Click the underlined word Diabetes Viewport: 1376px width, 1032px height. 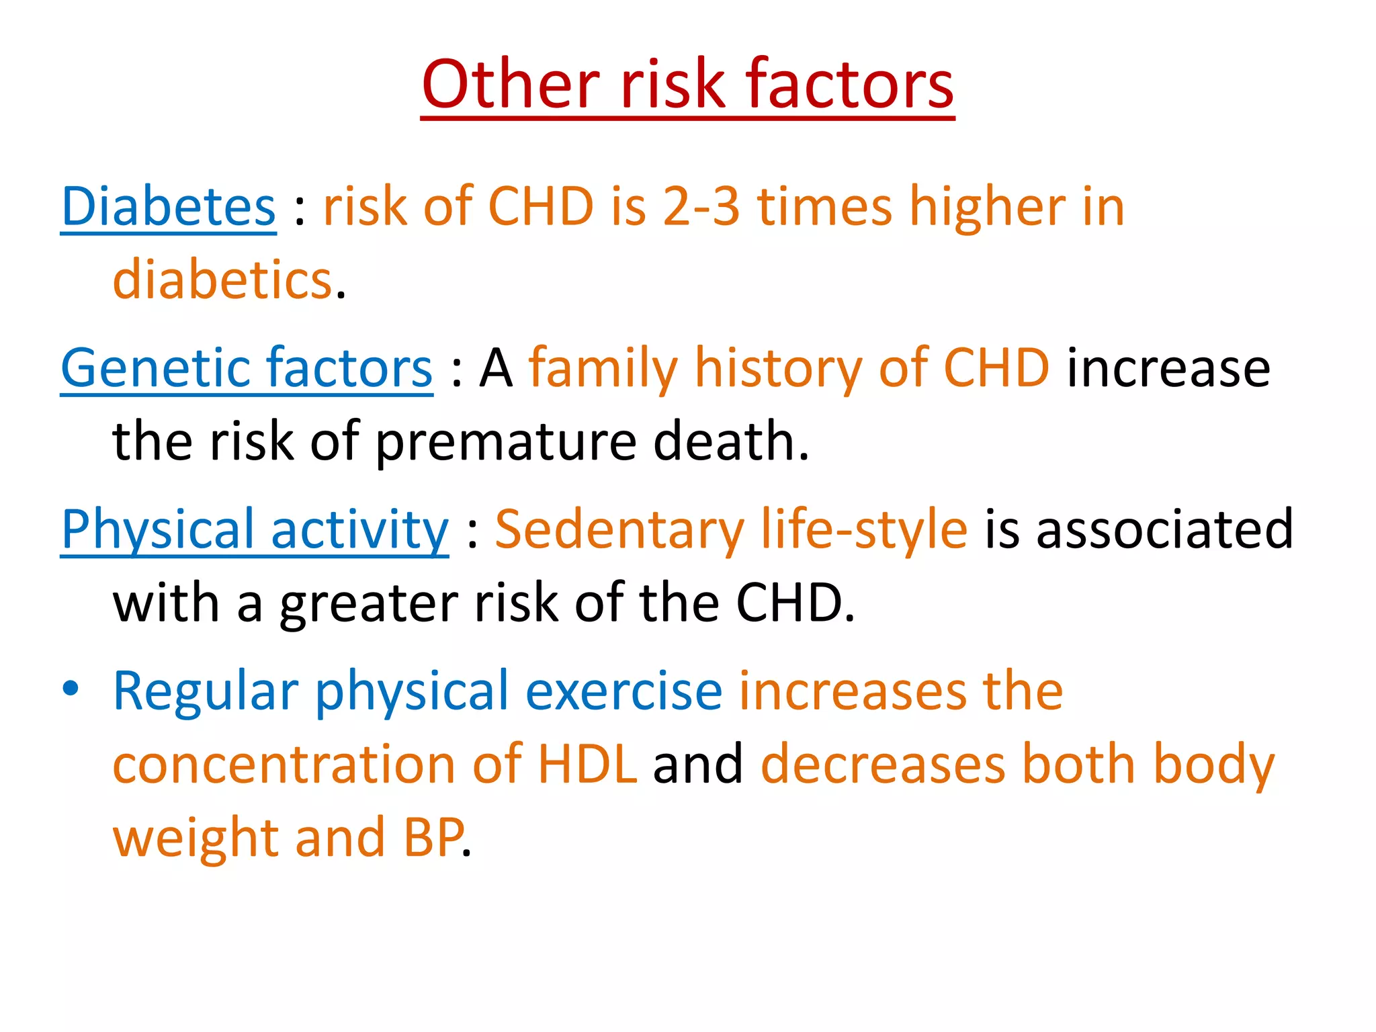168,206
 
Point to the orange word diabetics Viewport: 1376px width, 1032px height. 222,279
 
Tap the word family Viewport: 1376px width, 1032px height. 603,368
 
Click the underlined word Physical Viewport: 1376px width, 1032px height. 157,529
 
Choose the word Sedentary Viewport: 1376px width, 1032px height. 619,529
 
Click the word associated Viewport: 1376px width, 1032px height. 1164,529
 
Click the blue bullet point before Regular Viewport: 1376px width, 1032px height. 71,689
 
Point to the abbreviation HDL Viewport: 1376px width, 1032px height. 587,765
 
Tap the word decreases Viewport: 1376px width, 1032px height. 883,765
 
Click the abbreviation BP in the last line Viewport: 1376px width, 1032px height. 433,838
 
